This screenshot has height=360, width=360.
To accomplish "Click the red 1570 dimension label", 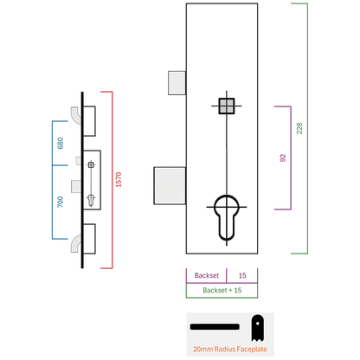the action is point(119,179).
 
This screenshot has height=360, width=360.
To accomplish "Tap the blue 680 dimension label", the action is point(60,143).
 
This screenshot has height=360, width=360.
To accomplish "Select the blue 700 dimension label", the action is point(60,202).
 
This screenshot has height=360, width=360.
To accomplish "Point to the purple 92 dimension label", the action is point(283,157).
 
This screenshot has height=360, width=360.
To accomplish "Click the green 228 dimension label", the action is point(299,128).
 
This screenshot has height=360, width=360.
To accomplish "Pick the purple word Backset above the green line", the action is point(207,275).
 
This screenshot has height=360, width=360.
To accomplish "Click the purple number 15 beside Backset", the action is point(242,275).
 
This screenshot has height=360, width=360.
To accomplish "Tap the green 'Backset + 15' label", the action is point(222,290).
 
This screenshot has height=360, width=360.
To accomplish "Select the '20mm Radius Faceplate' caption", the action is point(230,349).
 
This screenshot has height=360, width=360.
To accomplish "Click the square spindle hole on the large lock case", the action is point(227,106).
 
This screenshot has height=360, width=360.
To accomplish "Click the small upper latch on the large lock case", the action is point(177,83).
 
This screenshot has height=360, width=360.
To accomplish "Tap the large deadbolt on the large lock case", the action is point(170,185).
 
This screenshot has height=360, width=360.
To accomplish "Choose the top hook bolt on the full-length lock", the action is point(76,115).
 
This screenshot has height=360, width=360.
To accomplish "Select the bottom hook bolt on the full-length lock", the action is point(76,243).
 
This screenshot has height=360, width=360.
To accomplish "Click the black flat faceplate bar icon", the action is point(215,326).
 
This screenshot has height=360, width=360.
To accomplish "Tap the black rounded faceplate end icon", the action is point(257,328).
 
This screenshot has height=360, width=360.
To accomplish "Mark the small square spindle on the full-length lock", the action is point(91,164).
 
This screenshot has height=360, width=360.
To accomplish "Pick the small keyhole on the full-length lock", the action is point(91,200).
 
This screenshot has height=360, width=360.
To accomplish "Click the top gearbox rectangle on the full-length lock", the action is point(89,121).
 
